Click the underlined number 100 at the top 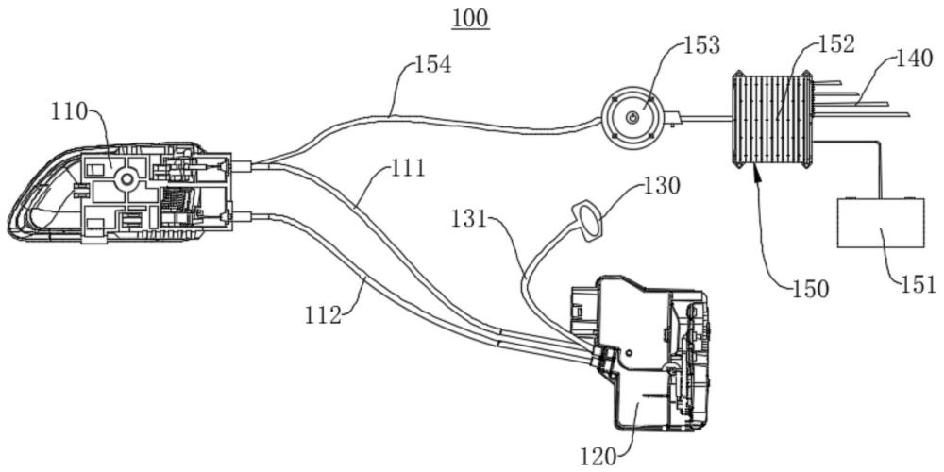point(471,19)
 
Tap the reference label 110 point(69,113)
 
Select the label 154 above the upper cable point(432,66)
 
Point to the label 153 point(700,45)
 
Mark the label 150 point(810,289)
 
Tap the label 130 point(661,186)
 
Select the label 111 point(407,170)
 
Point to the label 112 point(323,315)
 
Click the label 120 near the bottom point(600,455)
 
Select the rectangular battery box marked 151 point(879,223)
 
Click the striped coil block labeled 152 point(771,121)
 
